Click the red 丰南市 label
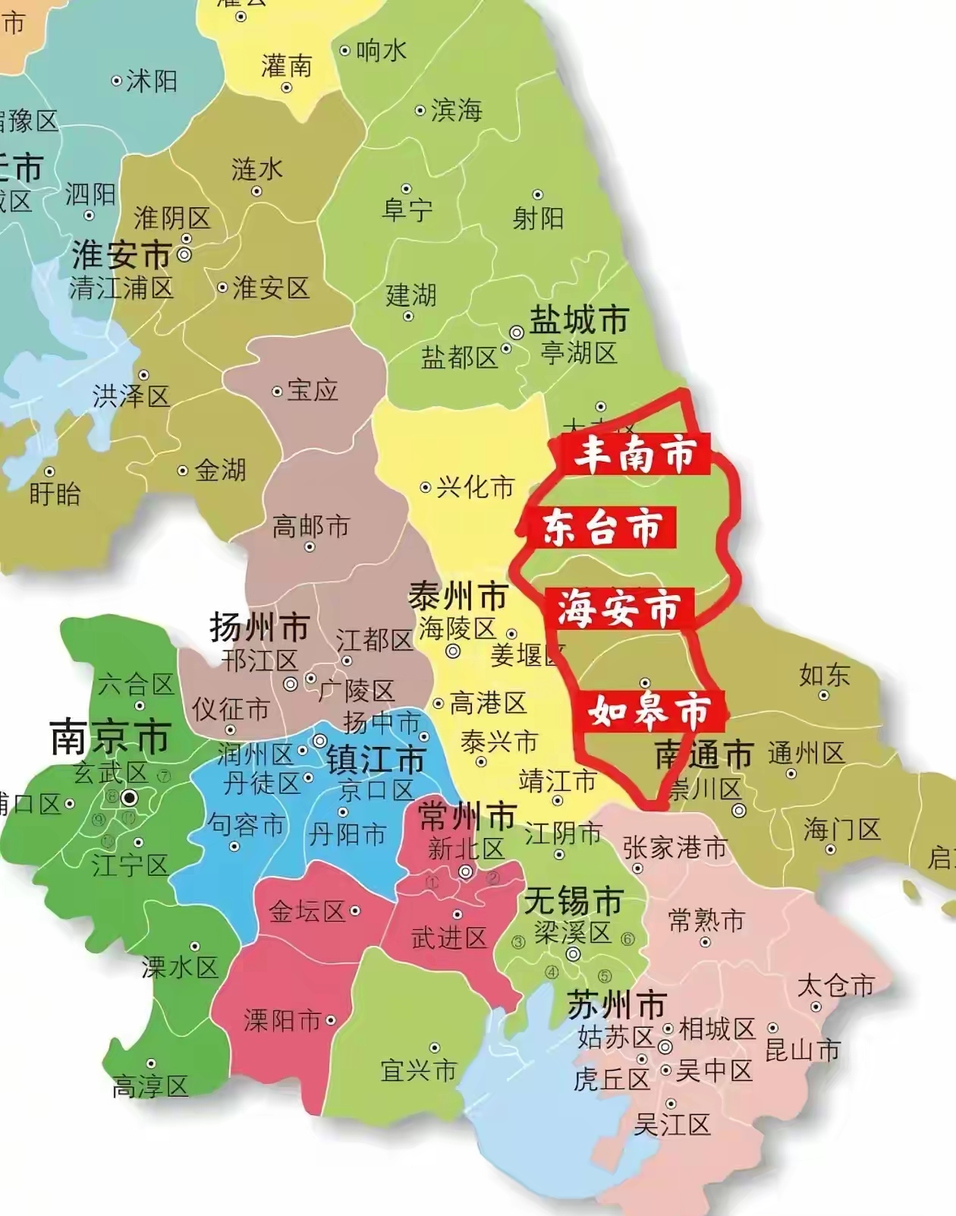point(635,454)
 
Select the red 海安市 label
point(619,609)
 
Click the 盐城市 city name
point(579,320)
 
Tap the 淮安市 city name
point(121,255)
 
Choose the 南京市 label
point(109,737)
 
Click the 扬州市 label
point(259,628)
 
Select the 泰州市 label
point(458,597)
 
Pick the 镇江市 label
point(376,759)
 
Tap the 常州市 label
point(467,817)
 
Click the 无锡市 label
point(573,901)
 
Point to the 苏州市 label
point(616,1005)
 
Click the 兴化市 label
point(476,487)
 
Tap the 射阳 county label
point(538,218)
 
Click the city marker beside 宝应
point(277,392)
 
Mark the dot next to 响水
point(344,51)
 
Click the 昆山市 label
point(803,1050)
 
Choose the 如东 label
point(824,674)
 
